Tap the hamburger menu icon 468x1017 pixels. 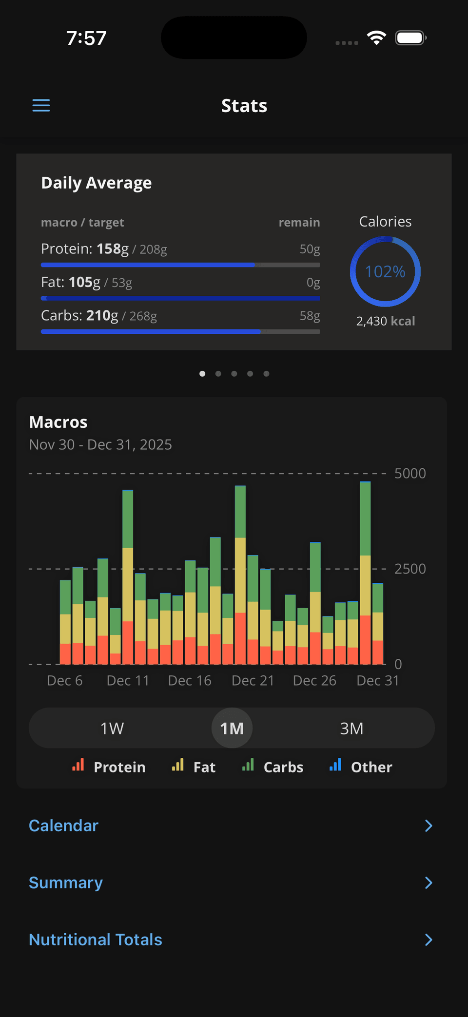tap(41, 105)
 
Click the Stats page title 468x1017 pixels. tap(244, 106)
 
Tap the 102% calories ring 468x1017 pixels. tap(385, 271)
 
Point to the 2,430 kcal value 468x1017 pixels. tap(385, 321)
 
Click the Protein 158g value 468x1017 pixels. tap(112, 249)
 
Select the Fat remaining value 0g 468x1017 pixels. tap(313, 283)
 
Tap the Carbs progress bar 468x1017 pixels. tap(180, 331)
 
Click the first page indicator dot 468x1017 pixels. tap(202, 374)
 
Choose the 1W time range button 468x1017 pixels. tap(112, 729)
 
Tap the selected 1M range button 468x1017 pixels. tap(232, 729)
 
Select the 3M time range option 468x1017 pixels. tap(351, 729)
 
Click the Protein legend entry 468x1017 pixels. tap(109, 767)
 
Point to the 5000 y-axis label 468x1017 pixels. tap(410, 474)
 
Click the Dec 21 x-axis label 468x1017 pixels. tap(253, 681)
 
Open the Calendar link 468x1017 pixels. tap(64, 825)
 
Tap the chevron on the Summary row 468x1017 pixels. tap(429, 883)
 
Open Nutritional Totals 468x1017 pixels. tap(96, 940)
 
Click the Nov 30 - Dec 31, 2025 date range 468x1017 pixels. tap(100, 444)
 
